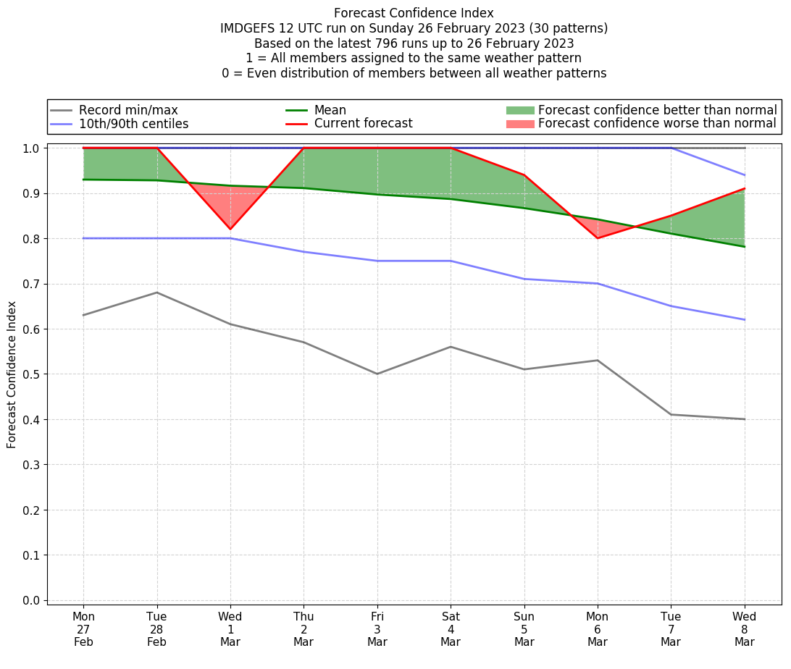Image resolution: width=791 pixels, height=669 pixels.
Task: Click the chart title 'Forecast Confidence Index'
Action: coord(414,13)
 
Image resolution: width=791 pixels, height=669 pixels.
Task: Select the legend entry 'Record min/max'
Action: coord(128,110)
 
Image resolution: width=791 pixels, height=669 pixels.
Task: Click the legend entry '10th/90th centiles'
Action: coord(133,124)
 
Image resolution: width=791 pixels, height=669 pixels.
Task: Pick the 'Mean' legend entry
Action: coord(330,110)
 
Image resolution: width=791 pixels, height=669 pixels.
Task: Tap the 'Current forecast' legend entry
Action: coord(363,124)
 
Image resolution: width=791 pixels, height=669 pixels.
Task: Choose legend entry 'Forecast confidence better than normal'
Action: coord(657,110)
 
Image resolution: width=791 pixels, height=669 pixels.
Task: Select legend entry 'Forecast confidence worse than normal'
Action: coord(657,124)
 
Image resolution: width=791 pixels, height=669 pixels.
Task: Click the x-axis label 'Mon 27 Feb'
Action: coord(83,628)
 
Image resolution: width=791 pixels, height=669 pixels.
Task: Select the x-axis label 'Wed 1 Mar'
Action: coord(230,628)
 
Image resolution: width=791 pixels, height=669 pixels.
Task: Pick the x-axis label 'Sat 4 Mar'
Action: coord(451,628)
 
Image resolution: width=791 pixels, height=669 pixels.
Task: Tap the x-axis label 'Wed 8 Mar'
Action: coord(744,628)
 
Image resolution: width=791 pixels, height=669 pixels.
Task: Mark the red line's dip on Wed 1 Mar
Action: coord(230,230)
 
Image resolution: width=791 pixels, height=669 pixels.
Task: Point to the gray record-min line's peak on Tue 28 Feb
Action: coord(157,293)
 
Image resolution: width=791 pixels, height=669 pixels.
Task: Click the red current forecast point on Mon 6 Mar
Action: coord(598,238)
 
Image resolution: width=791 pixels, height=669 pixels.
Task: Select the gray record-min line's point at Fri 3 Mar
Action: coord(377,374)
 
